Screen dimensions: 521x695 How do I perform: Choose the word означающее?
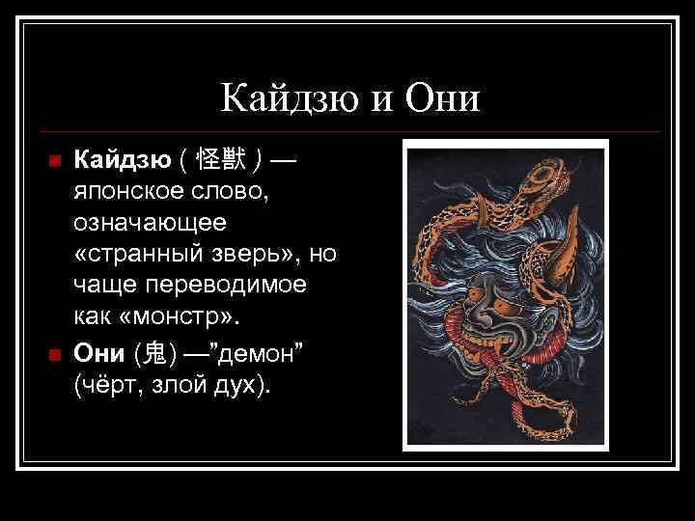[x=149, y=223]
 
